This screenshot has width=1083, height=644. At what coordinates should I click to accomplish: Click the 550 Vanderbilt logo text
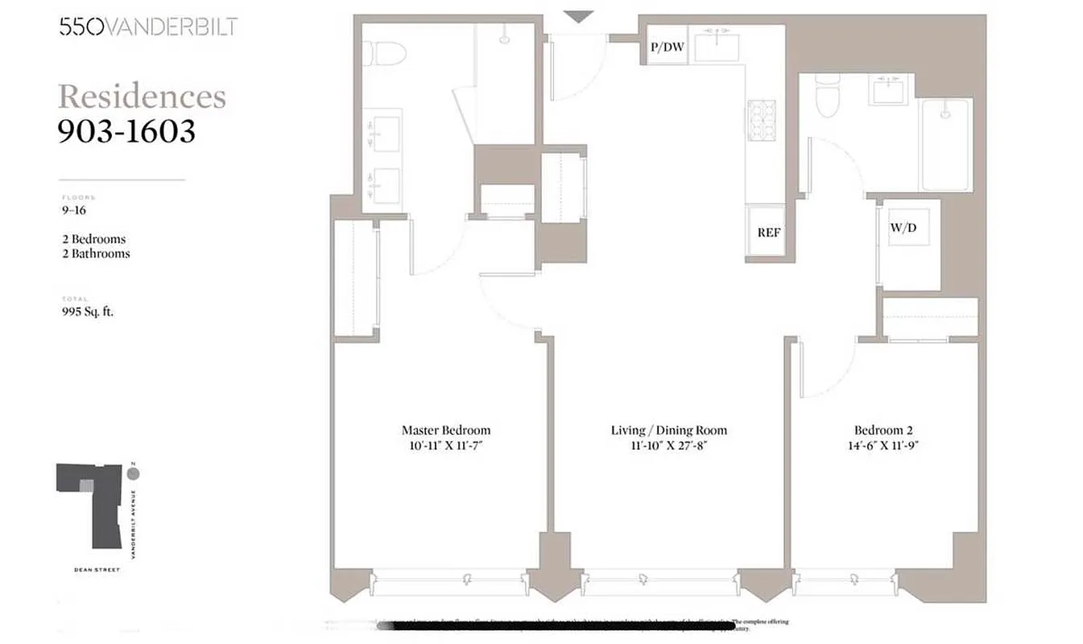pyautogui.click(x=147, y=27)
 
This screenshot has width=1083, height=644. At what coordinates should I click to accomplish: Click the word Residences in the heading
pyautogui.click(x=142, y=97)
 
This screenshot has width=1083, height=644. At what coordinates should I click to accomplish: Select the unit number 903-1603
pyautogui.click(x=126, y=130)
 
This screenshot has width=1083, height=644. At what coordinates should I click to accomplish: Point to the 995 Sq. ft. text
pyautogui.click(x=88, y=312)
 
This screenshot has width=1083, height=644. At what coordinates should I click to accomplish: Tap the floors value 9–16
pyautogui.click(x=73, y=211)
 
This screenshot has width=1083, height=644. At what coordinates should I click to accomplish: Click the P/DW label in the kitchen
pyautogui.click(x=667, y=47)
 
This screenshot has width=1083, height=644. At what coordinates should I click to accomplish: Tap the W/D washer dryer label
pyautogui.click(x=903, y=228)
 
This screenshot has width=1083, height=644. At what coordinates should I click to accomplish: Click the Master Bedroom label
pyautogui.click(x=445, y=430)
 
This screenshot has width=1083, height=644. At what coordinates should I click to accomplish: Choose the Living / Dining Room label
pyautogui.click(x=668, y=430)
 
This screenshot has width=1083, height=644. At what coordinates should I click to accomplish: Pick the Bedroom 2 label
pyautogui.click(x=883, y=430)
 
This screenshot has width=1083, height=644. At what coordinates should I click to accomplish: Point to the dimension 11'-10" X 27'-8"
pyautogui.click(x=668, y=445)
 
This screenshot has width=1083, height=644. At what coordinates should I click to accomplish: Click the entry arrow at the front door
pyautogui.click(x=577, y=16)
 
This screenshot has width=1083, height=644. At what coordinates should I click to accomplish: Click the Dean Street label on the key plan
pyautogui.click(x=96, y=570)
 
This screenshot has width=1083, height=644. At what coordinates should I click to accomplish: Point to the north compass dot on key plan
pyautogui.click(x=133, y=473)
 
